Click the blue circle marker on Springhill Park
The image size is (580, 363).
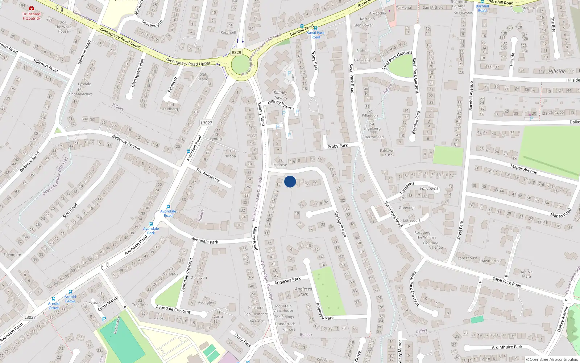pyautogui.click(x=290, y=181)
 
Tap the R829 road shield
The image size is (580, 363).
pyautogui.click(x=236, y=52)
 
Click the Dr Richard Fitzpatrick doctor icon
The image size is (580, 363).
pyautogui.click(x=32, y=8)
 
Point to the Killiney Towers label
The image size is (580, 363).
pyautogui.click(x=280, y=95)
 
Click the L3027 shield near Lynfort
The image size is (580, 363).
pyautogui.click(x=206, y=123)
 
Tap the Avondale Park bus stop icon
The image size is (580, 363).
pyautogui.click(x=151, y=224)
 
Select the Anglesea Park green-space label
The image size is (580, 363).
pyautogui.click(x=303, y=291)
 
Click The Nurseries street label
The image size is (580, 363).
pyautogui.click(x=208, y=175)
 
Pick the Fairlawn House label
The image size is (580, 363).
pyautogui.click(x=387, y=153)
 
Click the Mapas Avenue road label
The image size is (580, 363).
pyautogui.click(x=523, y=169)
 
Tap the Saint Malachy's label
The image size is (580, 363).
pyautogui.click(x=79, y=94)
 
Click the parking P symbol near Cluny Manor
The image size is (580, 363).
pyautogui.click(x=104, y=319)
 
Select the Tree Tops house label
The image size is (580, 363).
pyautogui.click(x=140, y=303)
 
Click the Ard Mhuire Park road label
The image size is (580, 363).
pyautogui.click(x=507, y=347)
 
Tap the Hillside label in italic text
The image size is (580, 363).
pyautogui.click(x=557, y=72)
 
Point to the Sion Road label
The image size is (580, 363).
pyautogui.click(x=70, y=211)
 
